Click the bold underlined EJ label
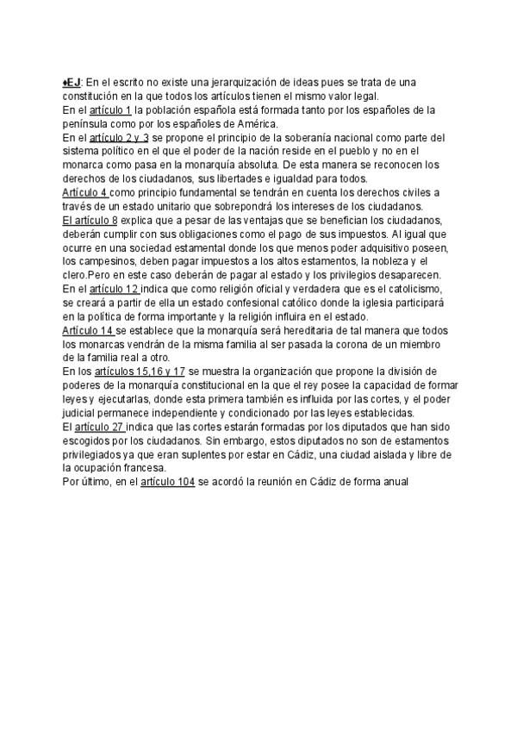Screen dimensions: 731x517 point(72,82)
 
